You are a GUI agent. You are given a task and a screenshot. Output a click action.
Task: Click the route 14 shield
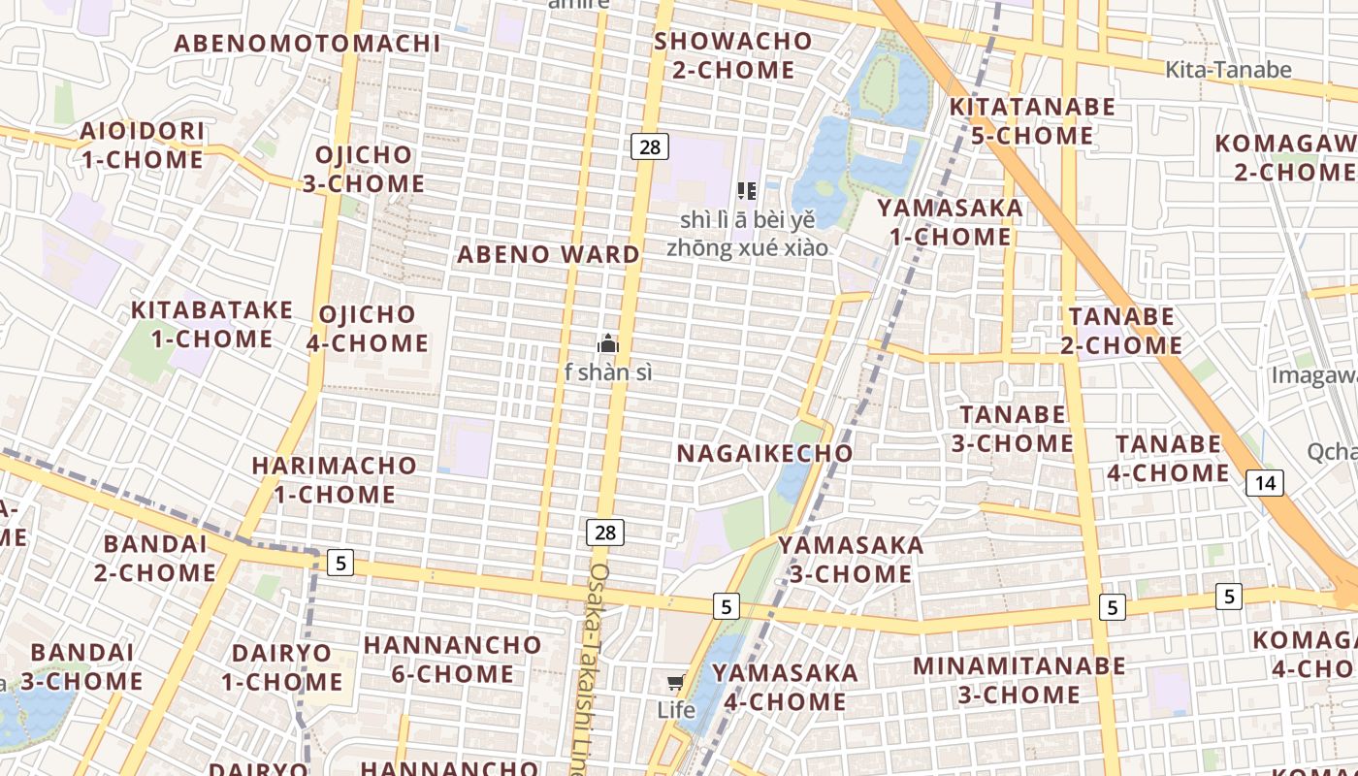point(1265,483)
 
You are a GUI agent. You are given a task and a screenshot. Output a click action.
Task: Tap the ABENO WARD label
point(548,254)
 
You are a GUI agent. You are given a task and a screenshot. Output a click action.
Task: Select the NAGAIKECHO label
point(764,453)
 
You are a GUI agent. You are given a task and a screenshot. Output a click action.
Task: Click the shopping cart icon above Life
point(675,683)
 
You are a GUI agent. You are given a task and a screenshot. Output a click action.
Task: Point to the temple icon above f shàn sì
point(608,343)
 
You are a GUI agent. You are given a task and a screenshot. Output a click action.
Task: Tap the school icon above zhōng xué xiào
point(747,190)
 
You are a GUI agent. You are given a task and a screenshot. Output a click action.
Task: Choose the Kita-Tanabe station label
point(1228,69)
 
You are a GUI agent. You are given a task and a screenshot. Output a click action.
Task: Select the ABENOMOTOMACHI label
point(307,43)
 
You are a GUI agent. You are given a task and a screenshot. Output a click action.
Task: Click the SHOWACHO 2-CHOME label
point(733,55)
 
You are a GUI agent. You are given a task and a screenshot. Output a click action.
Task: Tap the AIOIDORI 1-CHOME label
point(142,145)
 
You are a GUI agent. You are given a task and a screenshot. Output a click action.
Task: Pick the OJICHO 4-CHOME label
point(368,328)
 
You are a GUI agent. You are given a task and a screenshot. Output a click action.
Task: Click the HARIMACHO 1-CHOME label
point(334,479)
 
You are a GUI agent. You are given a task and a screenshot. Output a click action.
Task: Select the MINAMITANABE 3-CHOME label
point(1018,680)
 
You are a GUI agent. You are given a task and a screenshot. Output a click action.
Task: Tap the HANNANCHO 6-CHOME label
point(452,659)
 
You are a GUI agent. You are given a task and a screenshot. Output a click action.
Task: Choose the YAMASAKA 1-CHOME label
point(950,222)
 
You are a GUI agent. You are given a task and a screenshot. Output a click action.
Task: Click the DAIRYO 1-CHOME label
point(281,666)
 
